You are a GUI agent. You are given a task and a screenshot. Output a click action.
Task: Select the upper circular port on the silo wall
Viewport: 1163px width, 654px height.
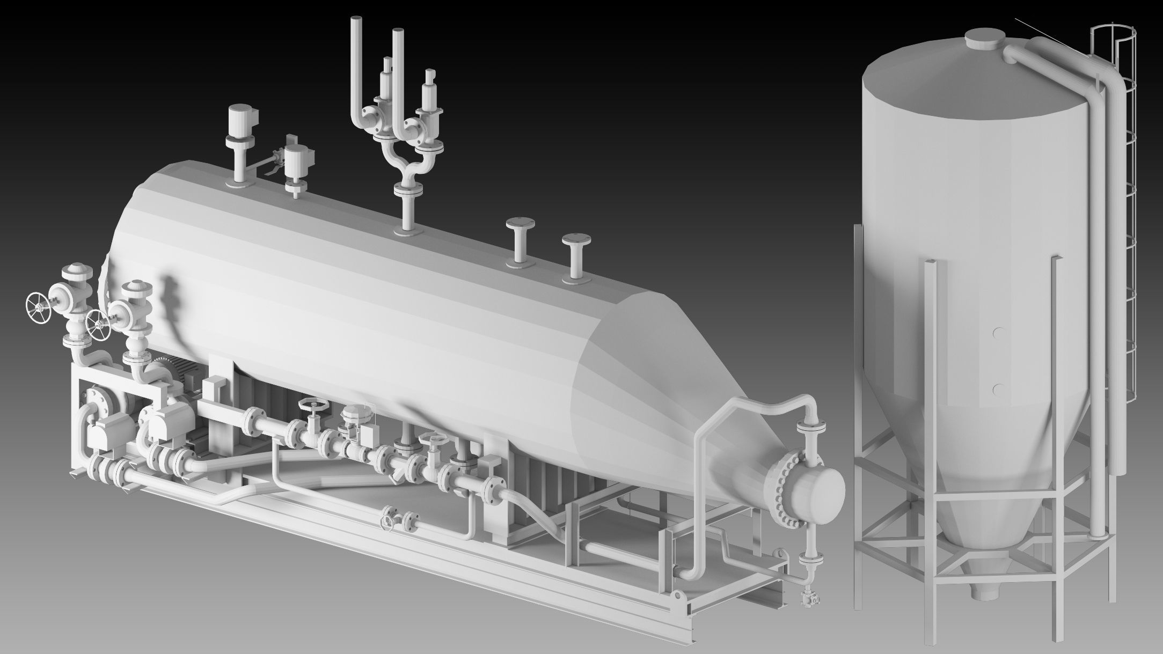tap(998, 333)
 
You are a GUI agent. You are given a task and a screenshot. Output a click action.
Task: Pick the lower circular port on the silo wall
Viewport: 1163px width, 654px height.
tap(998, 388)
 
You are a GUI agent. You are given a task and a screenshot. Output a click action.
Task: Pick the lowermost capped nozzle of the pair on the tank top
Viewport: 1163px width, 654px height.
tap(575, 240)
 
